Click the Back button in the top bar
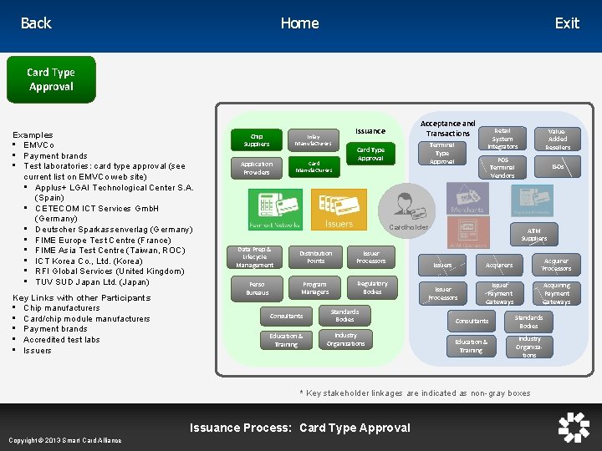coord(36,23)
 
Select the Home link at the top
coord(299,23)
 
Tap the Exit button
coord(567,23)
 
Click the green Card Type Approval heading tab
coord(51,80)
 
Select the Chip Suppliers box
coord(257,139)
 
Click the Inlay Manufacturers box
coord(314,140)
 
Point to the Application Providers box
coord(257,168)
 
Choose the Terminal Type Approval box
coord(442,153)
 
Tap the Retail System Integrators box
coord(503,139)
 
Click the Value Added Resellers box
coord(558,139)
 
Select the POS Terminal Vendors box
coord(503,168)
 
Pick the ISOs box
coord(558,167)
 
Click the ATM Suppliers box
coord(534,235)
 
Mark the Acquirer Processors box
coord(556,265)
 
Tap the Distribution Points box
coord(315,257)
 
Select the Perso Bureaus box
coord(258,289)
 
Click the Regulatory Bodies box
coord(372,288)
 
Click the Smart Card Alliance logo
coord(574,427)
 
